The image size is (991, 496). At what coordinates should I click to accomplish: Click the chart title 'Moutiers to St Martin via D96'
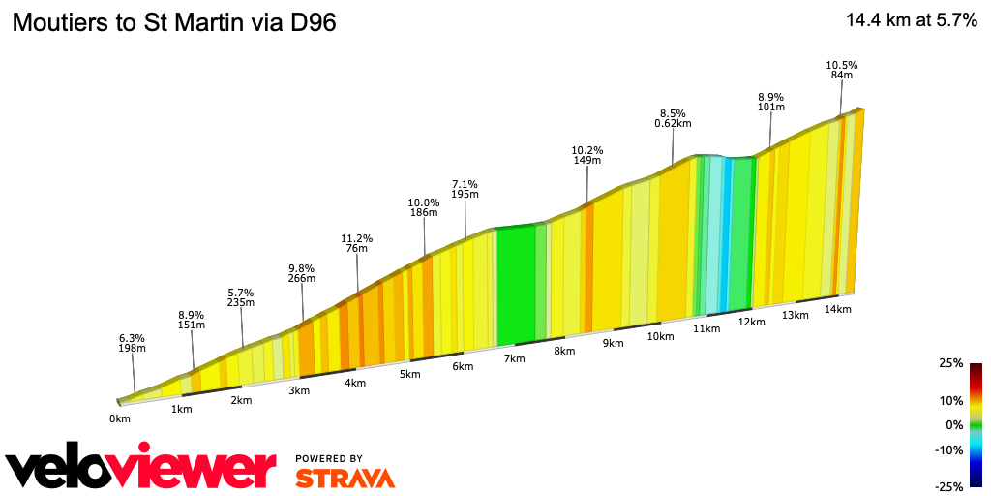point(174,23)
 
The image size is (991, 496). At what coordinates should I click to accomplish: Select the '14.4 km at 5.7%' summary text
point(911,20)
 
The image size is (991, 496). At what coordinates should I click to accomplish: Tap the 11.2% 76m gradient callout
point(356,243)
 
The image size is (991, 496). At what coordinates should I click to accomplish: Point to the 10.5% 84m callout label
point(841,70)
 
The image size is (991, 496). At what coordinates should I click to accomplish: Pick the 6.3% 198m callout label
point(132,343)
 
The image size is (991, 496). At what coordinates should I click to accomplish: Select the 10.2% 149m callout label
point(587,155)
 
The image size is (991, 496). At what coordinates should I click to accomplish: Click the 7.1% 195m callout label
point(465,189)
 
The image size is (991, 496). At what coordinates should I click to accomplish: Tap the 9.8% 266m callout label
point(302,273)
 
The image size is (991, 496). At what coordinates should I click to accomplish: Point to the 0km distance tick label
point(120,418)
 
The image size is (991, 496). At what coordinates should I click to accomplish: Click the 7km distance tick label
point(514,358)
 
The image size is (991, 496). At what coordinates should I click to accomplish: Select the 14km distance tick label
point(837,309)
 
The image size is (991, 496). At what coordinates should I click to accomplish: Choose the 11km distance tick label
point(706,328)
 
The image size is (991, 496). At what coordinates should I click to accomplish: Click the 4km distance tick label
point(355,383)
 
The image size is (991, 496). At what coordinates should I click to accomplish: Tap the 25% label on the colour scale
point(950,363)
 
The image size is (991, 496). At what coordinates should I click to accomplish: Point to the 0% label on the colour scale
point(954,424)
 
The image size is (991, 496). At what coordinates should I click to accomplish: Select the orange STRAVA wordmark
point(345,478)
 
